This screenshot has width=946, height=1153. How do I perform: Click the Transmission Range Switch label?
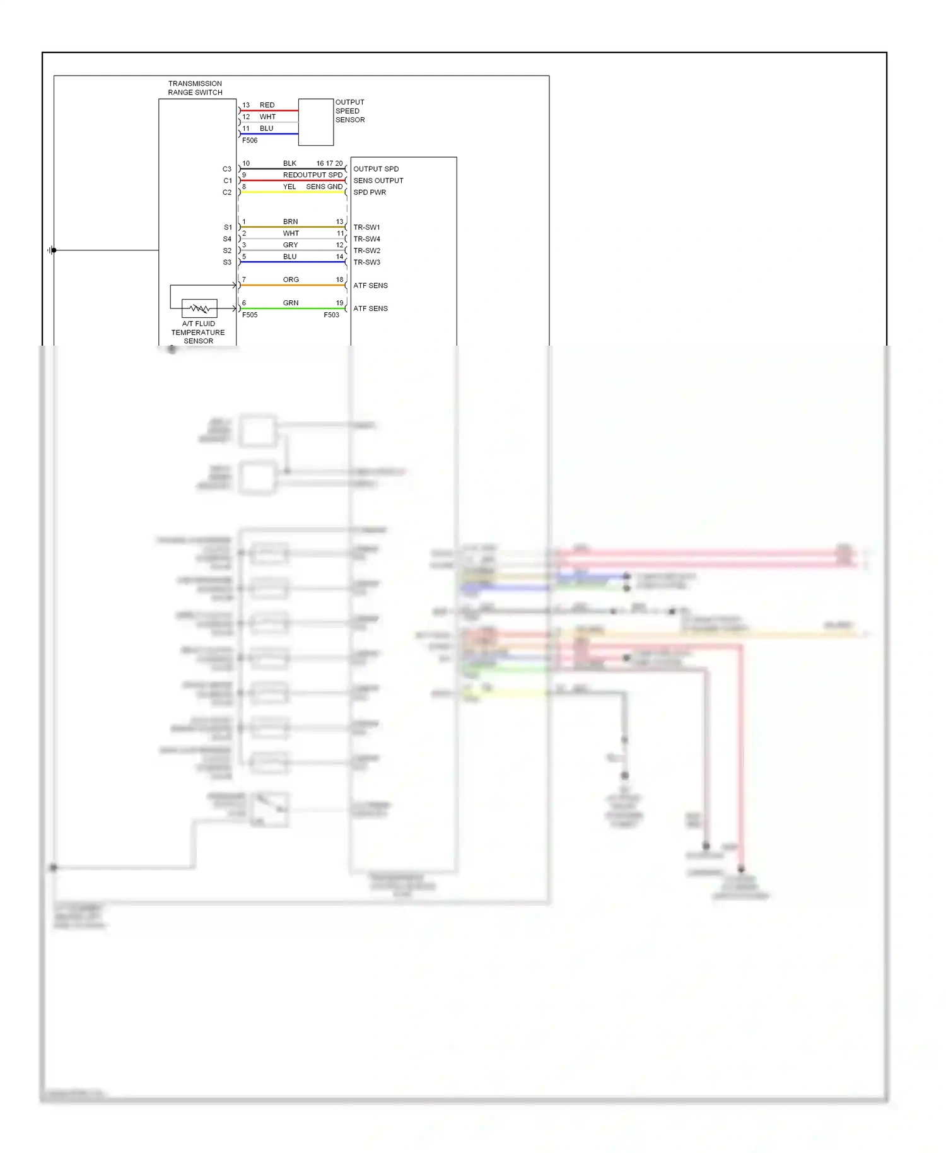point(195,88)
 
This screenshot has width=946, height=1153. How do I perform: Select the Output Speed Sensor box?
point(316,122)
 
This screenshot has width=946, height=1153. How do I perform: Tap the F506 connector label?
point(250,141)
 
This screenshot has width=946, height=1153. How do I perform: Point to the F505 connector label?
point(250,315)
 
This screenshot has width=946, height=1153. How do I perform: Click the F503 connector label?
point(331,315)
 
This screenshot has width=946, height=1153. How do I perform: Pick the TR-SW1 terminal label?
point(366,227)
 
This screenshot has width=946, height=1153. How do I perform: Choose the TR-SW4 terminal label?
point(366,239)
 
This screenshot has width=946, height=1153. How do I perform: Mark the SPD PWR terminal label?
point(370,192)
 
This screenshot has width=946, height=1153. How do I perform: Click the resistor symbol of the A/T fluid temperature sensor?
point(199,308)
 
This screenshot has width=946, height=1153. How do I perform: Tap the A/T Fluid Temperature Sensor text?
point(198,332)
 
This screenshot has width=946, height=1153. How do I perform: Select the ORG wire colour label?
point(291,279)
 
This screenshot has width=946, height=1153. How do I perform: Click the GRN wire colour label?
point(291,303)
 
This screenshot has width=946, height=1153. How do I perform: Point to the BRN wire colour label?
point(290,221)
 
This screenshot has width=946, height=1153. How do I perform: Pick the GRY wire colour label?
point(290,245)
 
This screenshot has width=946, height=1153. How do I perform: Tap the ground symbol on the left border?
point(50,250)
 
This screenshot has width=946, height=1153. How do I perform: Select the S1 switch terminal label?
point(228,227)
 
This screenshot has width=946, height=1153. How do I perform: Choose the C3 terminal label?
point(227,169)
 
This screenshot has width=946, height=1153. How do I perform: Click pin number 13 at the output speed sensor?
point(246,105)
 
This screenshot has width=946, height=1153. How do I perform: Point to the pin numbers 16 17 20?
point(329,163)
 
